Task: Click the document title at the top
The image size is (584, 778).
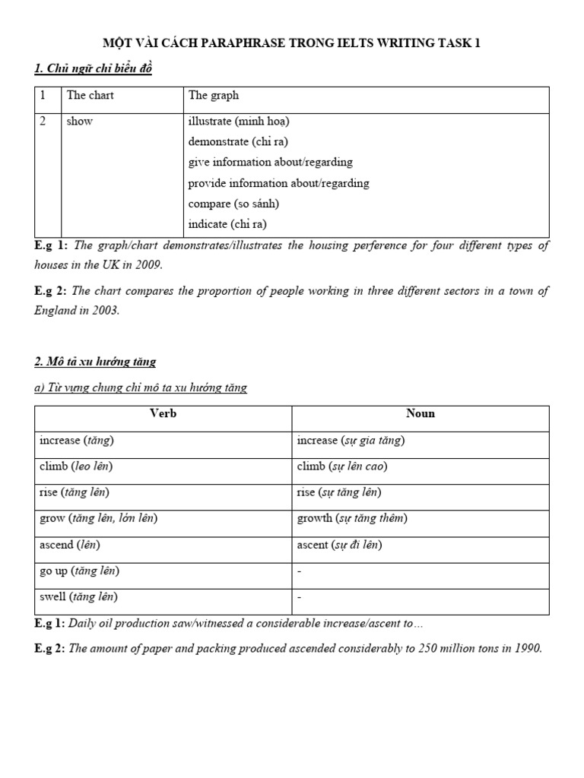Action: [291, 43]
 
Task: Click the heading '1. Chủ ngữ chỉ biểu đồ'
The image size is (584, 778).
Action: [94, 69]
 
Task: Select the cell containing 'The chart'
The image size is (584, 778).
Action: [90, 96]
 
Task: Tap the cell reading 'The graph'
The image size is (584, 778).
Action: [214, 96]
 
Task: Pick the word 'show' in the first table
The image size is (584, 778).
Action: [80, 121]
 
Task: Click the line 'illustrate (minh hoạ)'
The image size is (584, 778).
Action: [239, 121]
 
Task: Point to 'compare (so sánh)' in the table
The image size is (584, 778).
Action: [233, 204]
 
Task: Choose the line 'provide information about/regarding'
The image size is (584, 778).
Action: [278, 183]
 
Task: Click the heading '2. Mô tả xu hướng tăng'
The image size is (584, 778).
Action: [95, 362]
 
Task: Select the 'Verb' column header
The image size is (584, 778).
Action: [163, 414]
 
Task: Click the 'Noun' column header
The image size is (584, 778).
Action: [421, 414]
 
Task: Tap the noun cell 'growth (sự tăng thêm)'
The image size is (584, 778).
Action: [352, 519]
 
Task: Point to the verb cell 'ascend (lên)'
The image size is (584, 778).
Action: [69, 545]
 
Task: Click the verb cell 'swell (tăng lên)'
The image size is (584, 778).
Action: [78, 597]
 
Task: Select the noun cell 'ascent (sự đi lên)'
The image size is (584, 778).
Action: [339, 545]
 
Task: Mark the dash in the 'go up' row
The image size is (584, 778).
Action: [299, 571]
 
